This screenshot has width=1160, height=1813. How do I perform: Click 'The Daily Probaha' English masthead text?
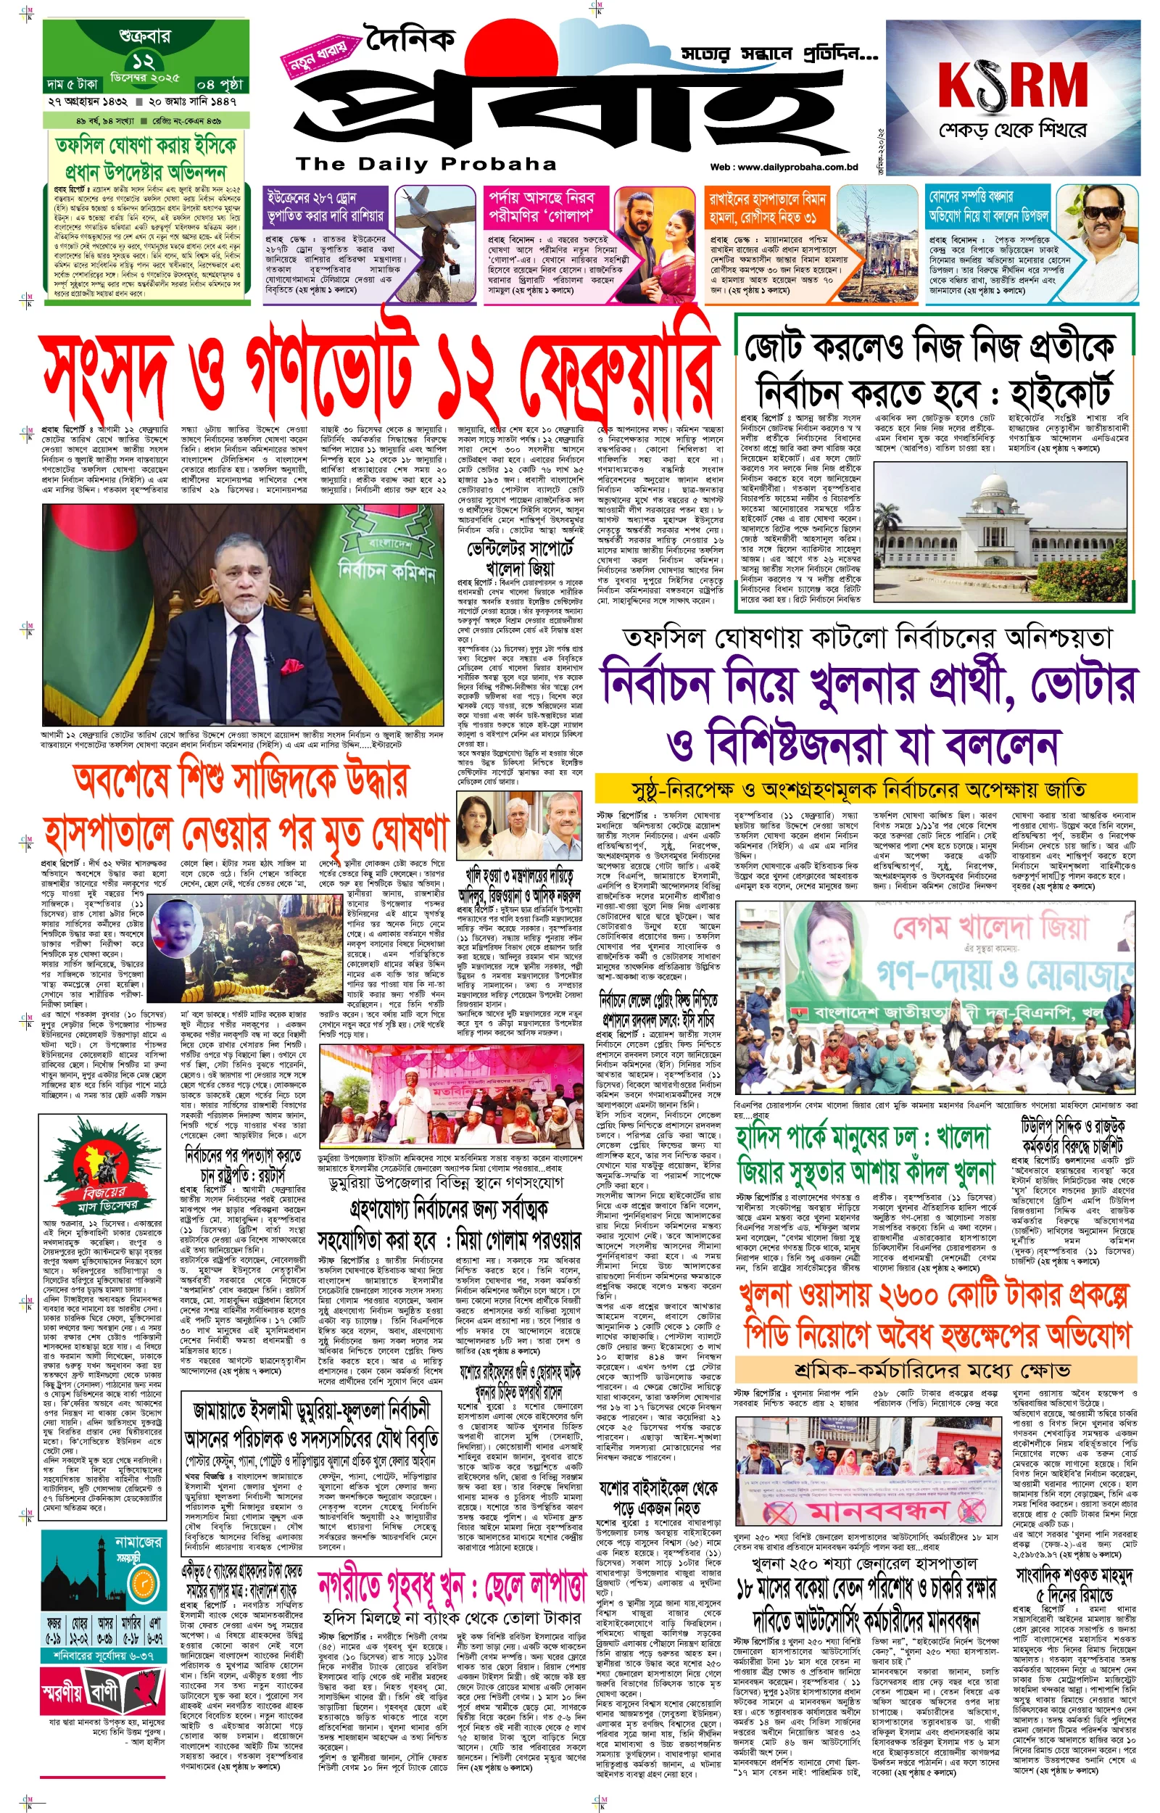pos(426,164)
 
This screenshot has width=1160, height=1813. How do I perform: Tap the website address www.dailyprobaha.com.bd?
pos(784,168)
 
